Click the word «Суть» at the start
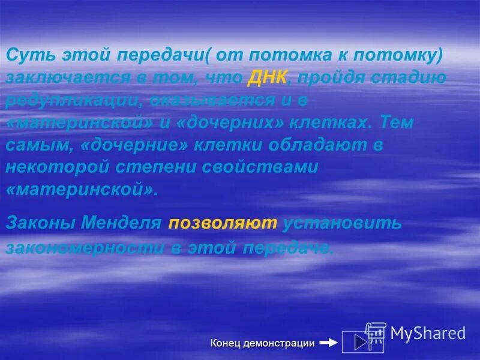(x=27, y=55)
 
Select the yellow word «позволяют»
(x=223, y=224)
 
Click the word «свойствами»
(x=264, y=167)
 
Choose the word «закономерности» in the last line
(x=78, y=247)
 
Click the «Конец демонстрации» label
(x=262, y=343)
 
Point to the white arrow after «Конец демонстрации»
(x=328, y=343)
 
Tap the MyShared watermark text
(x=427, y=333)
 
